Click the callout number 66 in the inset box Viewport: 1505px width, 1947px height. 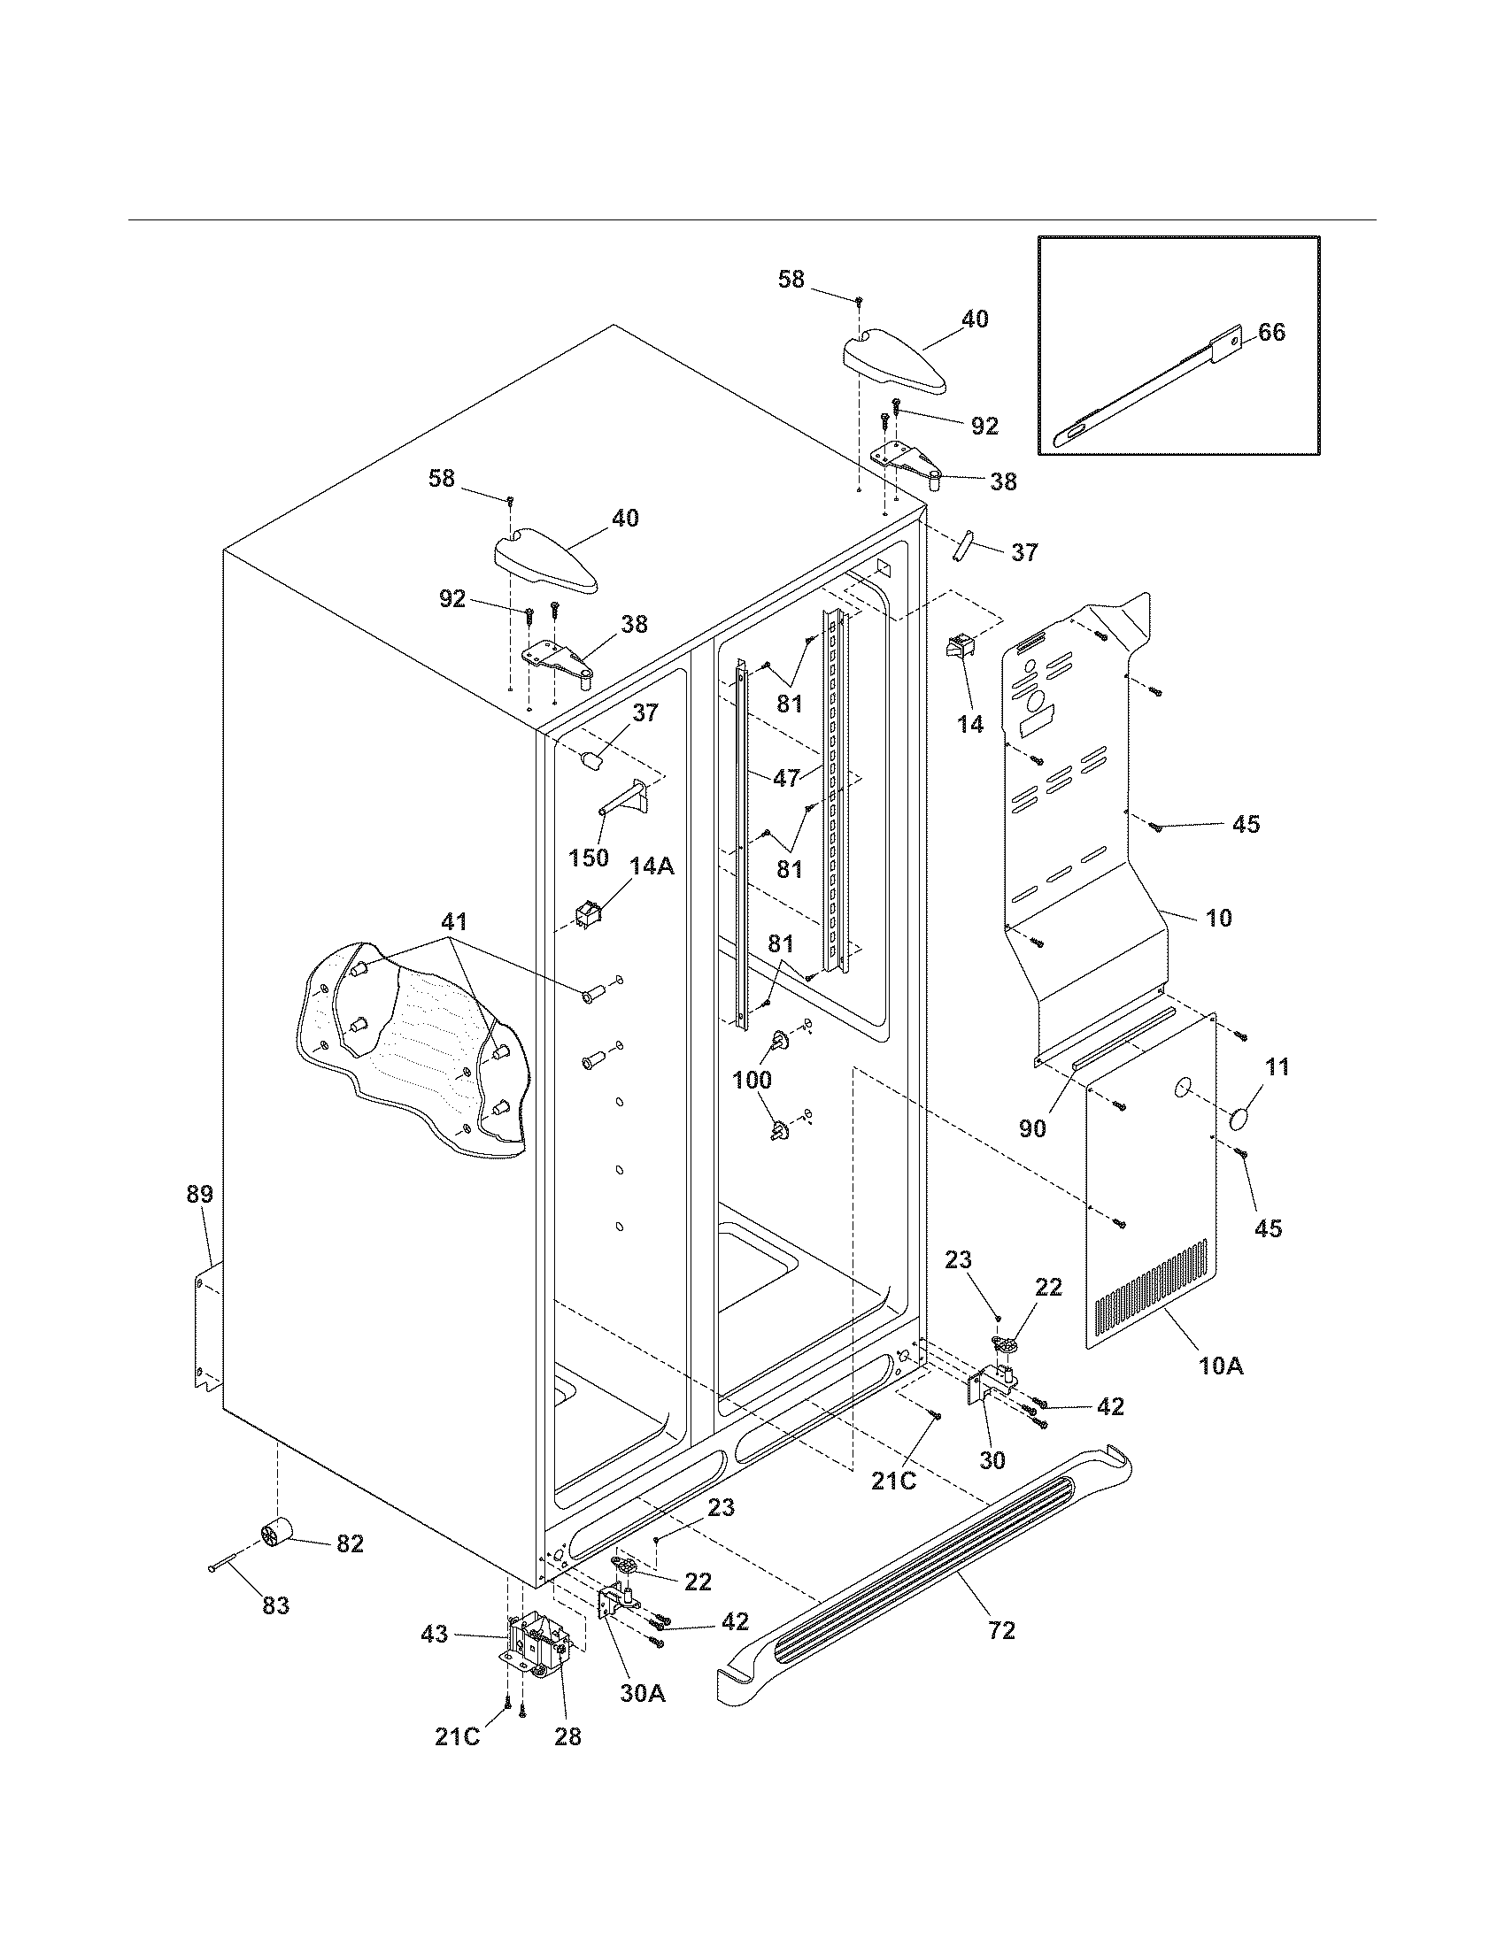click(1271, 333)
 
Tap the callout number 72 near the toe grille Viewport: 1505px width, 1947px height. click(1001, 1630)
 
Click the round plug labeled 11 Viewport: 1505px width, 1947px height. click(1241, 1119)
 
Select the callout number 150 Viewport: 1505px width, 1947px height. click(589, 858)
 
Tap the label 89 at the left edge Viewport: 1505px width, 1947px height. click(200, 1194)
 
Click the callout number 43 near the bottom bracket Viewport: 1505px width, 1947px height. click(435, 1635)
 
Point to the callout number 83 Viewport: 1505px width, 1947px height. click(275, 1605)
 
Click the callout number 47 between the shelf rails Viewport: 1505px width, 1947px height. click(785, 777)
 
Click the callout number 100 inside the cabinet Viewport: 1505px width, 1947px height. click(752, 1081)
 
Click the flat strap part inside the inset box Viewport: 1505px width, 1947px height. click(1150, 384)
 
